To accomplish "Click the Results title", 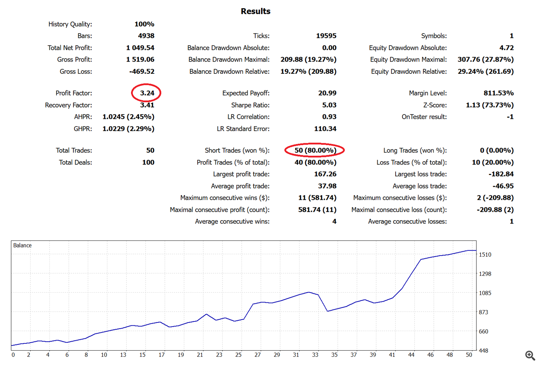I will (255, 11).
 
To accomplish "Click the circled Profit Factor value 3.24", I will (147, 93).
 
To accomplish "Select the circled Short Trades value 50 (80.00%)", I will (315, 150).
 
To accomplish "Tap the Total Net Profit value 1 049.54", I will (140, 48).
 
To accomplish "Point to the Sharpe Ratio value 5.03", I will (329, 105).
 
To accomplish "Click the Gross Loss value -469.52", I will (142, 71).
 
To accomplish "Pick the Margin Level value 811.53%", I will (498, 93).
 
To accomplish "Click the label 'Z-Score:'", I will (435, 105).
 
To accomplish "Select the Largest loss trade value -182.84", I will (501, 174).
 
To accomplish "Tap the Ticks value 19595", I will (326, 36).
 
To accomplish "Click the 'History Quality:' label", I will (70, 24).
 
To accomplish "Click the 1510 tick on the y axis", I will (485, 254).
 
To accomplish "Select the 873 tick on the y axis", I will (483, 312).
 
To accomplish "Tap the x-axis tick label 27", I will (257, 355).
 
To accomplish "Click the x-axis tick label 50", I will (469, 355).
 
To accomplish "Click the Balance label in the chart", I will (22, 245).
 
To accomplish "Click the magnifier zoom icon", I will (530, 356).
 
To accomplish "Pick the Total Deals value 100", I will (148, 162).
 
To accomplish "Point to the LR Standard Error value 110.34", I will (325, 129).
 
